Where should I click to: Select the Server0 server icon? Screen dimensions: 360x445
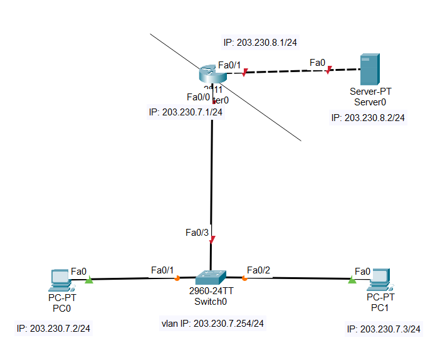[370, 70]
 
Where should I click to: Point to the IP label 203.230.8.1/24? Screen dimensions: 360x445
[260, 43]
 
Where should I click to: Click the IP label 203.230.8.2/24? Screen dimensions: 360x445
[368, 117]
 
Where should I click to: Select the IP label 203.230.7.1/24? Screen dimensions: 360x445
[186, 112]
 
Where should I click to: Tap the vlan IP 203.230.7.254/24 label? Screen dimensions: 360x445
[212, 324]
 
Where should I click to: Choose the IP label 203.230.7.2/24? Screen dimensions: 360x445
[53, 328]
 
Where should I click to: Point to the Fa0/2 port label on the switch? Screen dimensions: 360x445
[258, 270]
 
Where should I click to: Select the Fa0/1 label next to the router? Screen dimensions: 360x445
[229, 65]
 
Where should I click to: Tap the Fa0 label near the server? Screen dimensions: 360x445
[318, 63]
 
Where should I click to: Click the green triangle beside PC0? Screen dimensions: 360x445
[88, 280]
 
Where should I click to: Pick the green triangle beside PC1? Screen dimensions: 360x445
[352, 279]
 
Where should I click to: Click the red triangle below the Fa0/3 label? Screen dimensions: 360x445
[212, 239]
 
